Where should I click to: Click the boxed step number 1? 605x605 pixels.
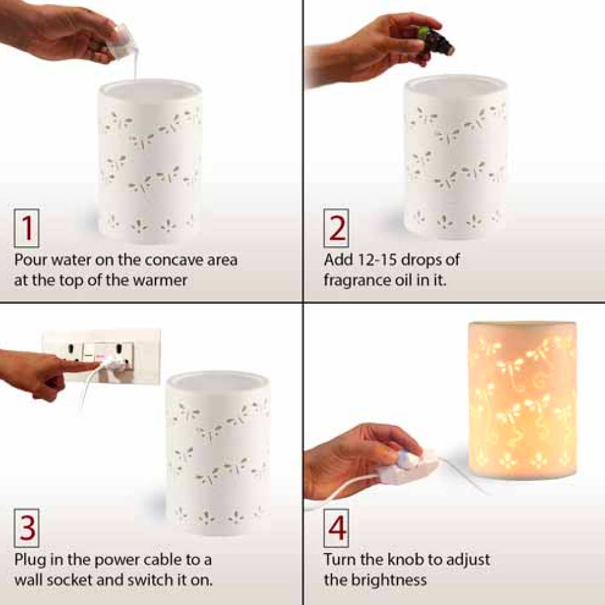coord(26,229)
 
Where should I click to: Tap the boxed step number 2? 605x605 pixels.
coord(336,229)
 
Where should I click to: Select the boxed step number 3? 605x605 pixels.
coord(26,528)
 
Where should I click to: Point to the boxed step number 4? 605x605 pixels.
coord(336,528)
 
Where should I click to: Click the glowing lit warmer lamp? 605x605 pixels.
coord(522,399)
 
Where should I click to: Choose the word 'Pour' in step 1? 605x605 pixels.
coord(31,260)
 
